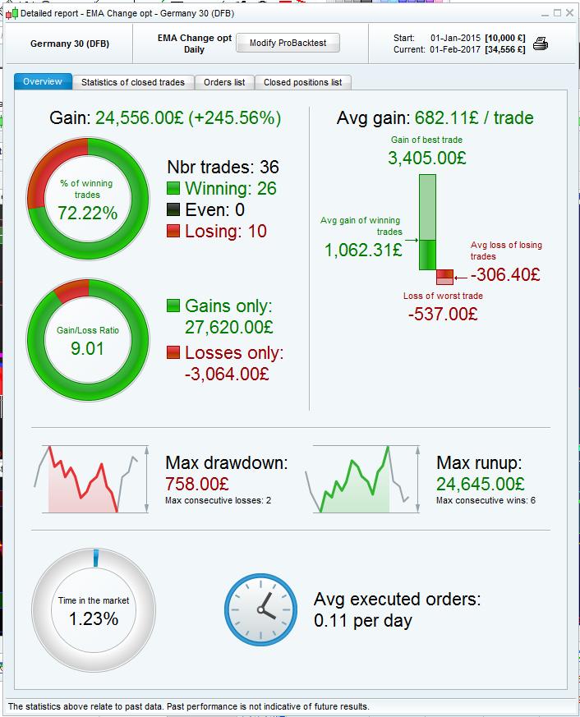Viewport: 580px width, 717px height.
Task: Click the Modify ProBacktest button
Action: pyautogui.click(x=288, y=44)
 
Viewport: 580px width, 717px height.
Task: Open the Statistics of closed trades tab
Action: pyautogui.click(x=133, y=82)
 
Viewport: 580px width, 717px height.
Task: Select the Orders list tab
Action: pyautogui.click(x=223, y=82)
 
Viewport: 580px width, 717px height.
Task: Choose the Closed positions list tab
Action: pyautogui.click(x=302, y=82)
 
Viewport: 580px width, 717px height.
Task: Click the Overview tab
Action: pyautogui.click(x=43, y=82)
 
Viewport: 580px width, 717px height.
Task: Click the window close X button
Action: pyautogui.click(x=571, y=13)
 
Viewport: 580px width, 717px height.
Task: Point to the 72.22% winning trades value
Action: pyautogui.click(x=87, y=213)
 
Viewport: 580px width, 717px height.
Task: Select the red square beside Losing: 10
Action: pyautogui.click(x=173, y=232)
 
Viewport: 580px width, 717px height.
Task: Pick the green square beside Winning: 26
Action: pyautogui.click(x=173, y=188)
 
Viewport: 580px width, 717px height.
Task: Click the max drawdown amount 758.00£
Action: pyautogui.click(x=197, y=484)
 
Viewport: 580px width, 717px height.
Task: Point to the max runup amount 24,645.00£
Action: pyautogui.click(x=480, y=484)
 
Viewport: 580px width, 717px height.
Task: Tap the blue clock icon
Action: pyautogui.click(x=261, y=609)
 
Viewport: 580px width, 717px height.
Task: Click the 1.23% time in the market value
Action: pyautogui.click(x=93, y=619)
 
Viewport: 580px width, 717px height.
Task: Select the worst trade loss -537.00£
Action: pyautogui.click(x=443, y=313)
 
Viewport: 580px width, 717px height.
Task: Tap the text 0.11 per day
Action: pyautogui.click(x=362, y=621)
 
